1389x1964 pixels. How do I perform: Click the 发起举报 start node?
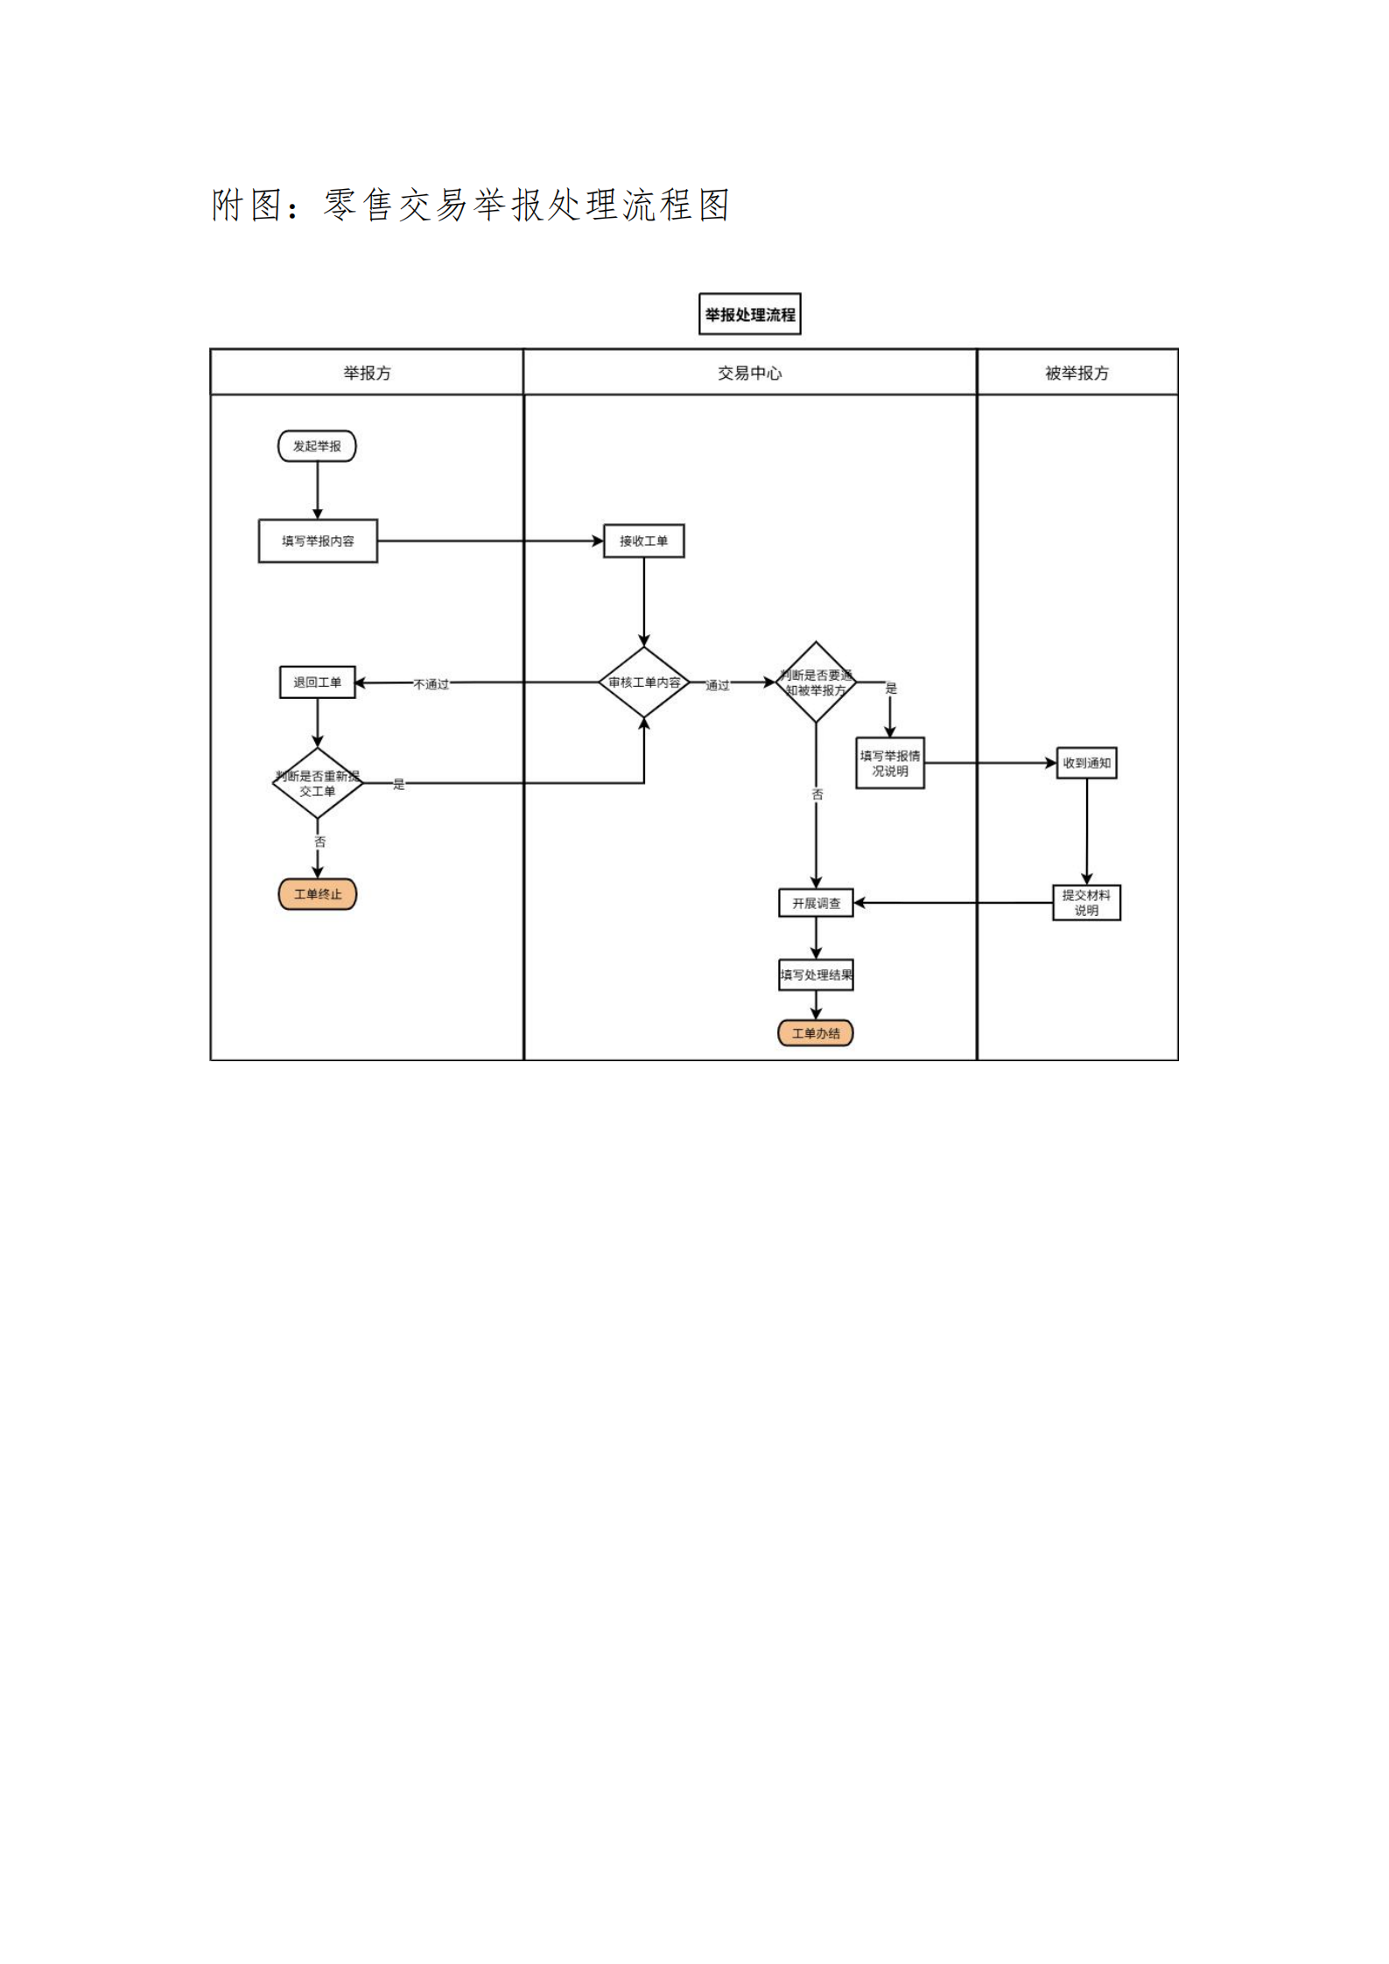[x=317, y=446]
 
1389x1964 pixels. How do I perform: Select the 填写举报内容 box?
[x=318, y=541]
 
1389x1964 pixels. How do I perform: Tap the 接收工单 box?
[x=643, y=541]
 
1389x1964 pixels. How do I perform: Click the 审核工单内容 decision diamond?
[x=644, y=682]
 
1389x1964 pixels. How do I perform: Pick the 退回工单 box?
[x=317, y=682]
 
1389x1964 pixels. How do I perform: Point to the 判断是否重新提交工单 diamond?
[x=317, y=783]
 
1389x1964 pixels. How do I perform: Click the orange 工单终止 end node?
[x=317, y=894]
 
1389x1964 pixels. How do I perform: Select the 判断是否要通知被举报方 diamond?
[x=816, y=682]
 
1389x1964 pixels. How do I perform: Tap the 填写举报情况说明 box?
[x=889, y=763]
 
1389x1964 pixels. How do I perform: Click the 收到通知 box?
[x=1086, y=763]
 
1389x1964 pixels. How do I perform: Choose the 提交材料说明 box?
[x=1086, y=903]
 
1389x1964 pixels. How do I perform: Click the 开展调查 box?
[x=816, y=903]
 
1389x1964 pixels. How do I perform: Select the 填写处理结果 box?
[x=816, y=975]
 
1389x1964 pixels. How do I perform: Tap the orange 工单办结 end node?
[x=816, y=1033]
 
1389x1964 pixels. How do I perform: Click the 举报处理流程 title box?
[x=750, y=314]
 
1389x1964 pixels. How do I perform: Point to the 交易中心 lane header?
[x=750, y=373]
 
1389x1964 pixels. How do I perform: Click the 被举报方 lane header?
[x=1077, y=373]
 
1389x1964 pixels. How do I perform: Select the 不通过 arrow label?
[x=431, y=684]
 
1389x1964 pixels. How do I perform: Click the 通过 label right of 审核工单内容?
[x=718, y=685]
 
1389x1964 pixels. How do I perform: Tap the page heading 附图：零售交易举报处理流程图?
[x=470, y=206]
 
